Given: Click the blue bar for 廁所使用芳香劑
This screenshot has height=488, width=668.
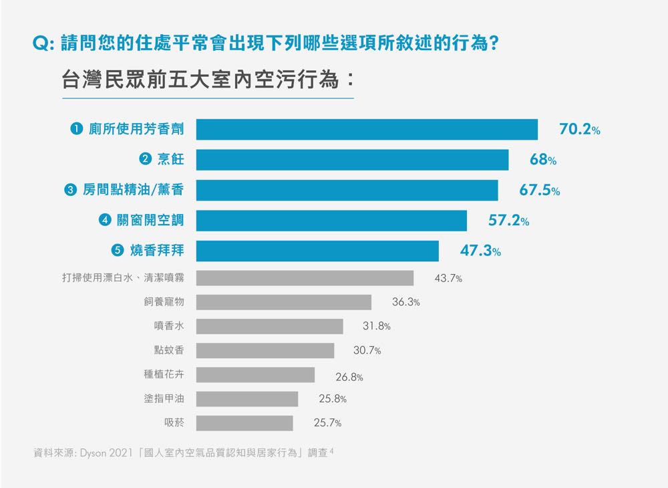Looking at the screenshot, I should (x=367, y=129).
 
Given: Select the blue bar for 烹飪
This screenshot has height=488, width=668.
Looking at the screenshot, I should (x=352, y=160).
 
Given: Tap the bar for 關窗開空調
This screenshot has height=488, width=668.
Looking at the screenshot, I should (x=331, y=221).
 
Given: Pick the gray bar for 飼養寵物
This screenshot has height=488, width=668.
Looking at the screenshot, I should (x=283, y=302).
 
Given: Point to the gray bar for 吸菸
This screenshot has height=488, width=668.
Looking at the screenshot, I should (x=244, y=423).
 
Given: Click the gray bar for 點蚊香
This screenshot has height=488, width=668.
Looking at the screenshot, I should (x=265, y=350).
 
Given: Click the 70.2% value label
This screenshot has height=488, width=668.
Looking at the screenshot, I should (x=579, y=130).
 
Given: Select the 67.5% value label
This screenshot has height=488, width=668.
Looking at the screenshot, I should (x=540, y=191).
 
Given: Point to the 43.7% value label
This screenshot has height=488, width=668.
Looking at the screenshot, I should (x=448, y=278).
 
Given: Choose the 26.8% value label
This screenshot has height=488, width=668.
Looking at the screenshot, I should (x=349, y=377).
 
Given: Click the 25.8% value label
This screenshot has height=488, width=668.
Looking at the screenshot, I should (x=332, y=399).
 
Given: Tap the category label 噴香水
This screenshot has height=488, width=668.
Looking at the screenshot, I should (x=168, y=326).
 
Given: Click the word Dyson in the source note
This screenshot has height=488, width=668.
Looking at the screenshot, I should (x=94, y=453).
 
